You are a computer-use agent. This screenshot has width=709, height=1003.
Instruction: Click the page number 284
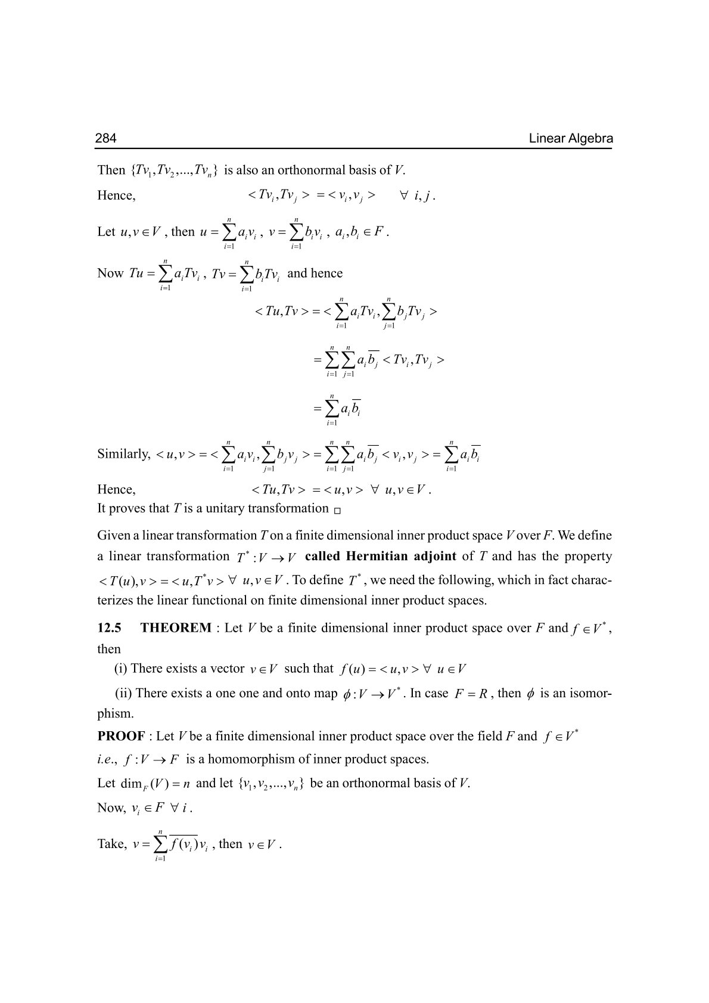point(106,139)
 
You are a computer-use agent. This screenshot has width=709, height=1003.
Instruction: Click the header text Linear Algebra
point(570,139)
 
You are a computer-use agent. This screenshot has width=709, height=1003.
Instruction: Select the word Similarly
point(124,454)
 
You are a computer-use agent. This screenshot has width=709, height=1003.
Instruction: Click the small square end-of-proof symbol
point(337,510)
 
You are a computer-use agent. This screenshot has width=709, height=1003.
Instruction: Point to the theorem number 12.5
point(110,628)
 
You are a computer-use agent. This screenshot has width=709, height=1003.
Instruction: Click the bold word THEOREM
point(176,628)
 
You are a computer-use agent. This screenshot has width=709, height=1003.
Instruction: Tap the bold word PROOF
point(121,736)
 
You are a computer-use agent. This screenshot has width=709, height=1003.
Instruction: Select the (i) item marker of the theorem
point(120,668)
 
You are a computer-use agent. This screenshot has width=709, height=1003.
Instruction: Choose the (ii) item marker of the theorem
point(123,693)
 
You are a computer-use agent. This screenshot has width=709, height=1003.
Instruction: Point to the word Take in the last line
point(112,844)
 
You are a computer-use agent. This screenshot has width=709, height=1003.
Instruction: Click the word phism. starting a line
point(116,713)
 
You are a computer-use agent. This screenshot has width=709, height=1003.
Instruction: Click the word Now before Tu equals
point(110,274)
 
